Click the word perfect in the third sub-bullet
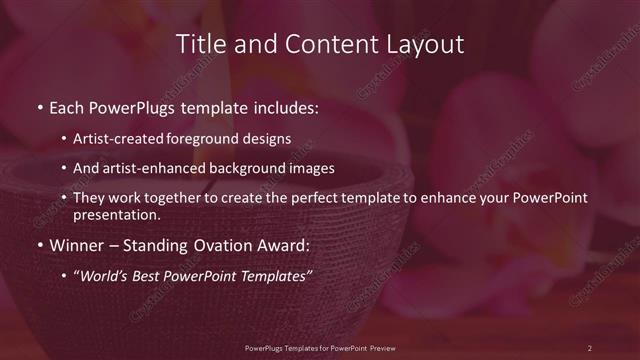click(307, 198)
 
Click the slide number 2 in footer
click(589, 347)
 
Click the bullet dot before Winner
click(39, 244)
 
